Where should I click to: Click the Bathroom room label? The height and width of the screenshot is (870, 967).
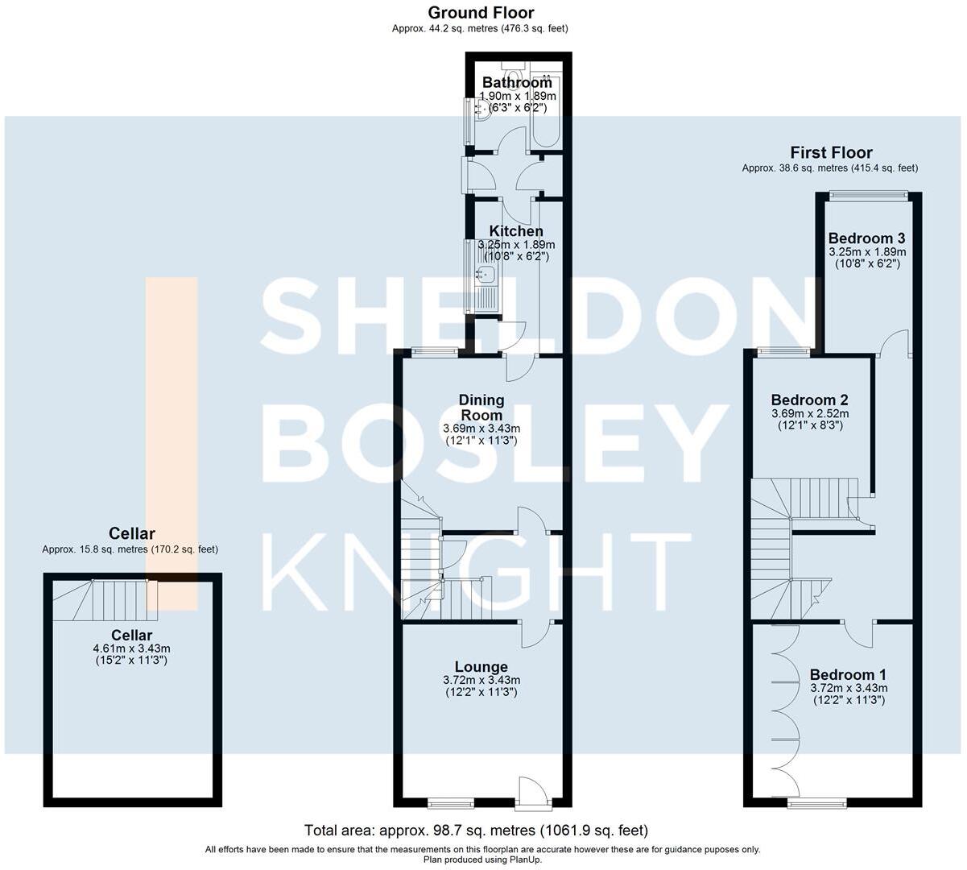(517, 82)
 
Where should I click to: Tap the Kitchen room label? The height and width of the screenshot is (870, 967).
(516, 231)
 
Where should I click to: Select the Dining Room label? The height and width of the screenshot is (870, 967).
(481, 407)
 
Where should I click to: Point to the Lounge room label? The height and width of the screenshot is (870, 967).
(481, 666)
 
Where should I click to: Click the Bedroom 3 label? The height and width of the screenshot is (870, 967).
(866, 238)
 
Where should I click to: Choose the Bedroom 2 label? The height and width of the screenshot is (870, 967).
(809, 400)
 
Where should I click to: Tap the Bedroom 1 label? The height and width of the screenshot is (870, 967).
(849, 674)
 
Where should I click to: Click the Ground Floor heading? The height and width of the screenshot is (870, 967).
(481, 12)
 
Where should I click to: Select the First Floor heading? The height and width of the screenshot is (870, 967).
(831, 152)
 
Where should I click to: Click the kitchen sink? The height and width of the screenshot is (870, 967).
(486, 275)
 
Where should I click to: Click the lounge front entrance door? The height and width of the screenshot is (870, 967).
(534, 792)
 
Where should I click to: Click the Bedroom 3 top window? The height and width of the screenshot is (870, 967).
(869, 193)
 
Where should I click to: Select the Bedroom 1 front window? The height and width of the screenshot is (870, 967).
(816, 802)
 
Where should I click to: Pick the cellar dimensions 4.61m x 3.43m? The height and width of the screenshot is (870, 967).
(132, 648)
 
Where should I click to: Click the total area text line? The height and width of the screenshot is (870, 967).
(476, 831)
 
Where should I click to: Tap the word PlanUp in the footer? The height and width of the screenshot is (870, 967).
(525, 860)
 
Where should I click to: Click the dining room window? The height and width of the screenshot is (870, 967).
(435, 350)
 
